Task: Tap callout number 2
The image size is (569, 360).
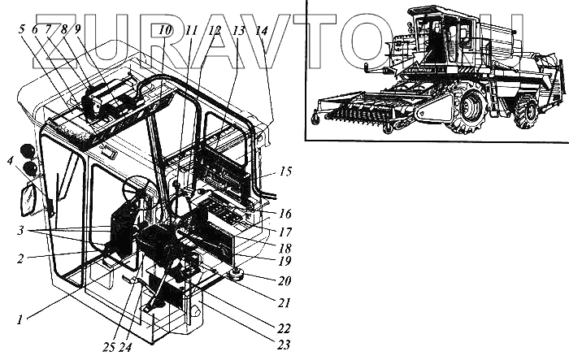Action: (20, 258)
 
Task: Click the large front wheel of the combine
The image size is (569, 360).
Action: (467, 104)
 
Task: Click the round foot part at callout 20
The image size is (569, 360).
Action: (237, 275)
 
